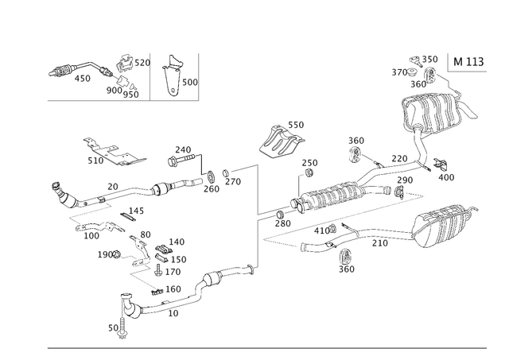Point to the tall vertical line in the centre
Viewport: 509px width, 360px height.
256,215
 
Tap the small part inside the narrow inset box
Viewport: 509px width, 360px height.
174,78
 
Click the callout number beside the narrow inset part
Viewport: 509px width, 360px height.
191,81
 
